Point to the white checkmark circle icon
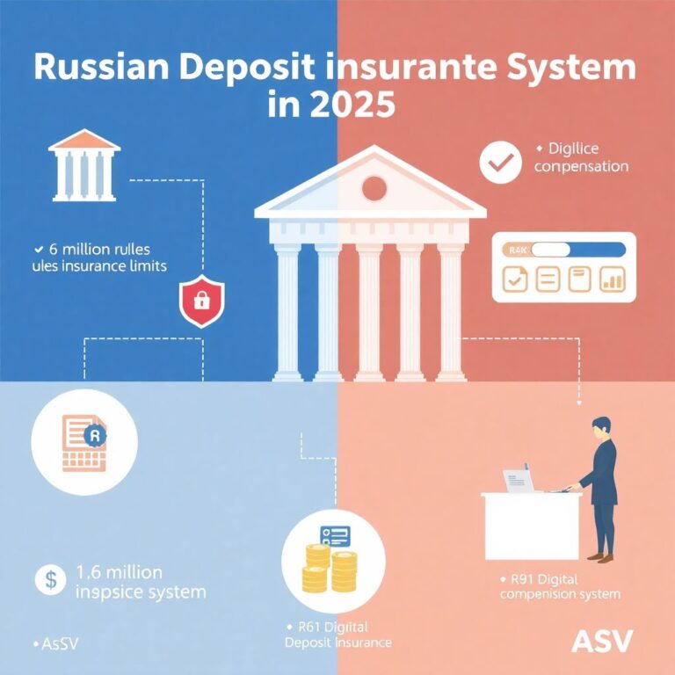[x=499, y=163]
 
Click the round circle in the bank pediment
[x=374, y=187]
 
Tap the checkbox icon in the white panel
[x=514, y=279]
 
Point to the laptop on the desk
[x=519, y=480]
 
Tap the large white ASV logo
[x=601, y=640]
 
